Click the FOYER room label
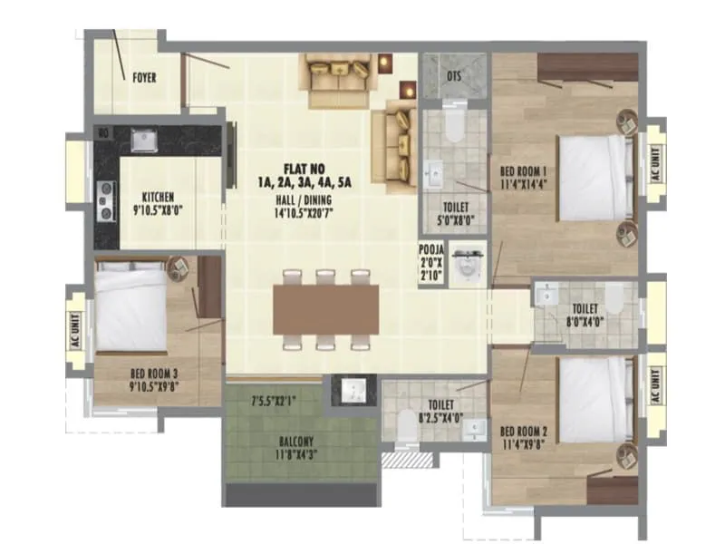click(144, 77)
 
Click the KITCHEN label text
click(158, 197)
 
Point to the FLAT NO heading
click(304, 168)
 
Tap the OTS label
click(454, 76)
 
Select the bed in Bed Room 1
click(594, 178)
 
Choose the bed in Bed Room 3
click(132, 306)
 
